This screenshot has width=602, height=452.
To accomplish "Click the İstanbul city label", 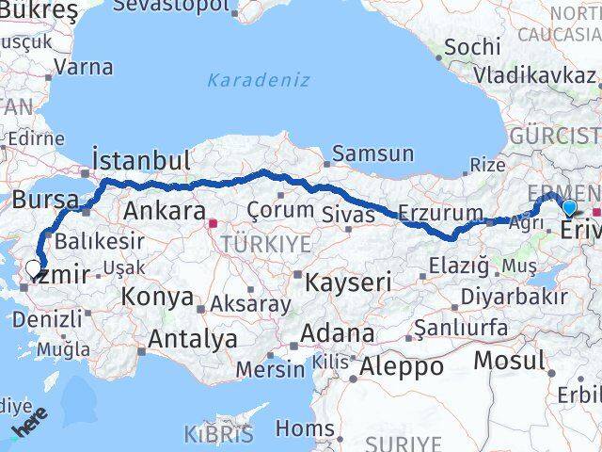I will click(x=141, y=159).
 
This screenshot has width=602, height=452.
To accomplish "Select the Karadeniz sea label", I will click(x=258, y=80).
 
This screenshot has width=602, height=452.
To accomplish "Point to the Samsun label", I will click(x=372, y=154).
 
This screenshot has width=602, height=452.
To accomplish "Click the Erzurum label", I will click(x=440, y=211).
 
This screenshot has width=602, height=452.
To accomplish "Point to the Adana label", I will click(x=337, y=333).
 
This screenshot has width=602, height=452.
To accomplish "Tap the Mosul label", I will click(x=509, y=360).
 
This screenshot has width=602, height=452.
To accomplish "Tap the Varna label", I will click(x=84, y=68).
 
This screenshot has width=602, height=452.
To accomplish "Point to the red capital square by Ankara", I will click(x=214, y=224).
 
